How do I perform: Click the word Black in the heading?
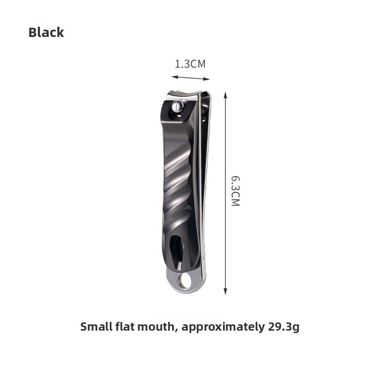click(x=46, y=32)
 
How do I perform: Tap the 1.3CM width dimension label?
click(x=190, y=64)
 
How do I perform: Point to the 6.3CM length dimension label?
click(x=235, y=191)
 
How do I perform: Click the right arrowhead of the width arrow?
click(x=207, y=79)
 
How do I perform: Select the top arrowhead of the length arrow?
click(x=225, y=95)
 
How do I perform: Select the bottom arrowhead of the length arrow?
click(x=225, y=291)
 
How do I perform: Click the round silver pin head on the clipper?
click(x=178, y=107)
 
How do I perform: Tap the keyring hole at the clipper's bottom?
click(x=185, y=281)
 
